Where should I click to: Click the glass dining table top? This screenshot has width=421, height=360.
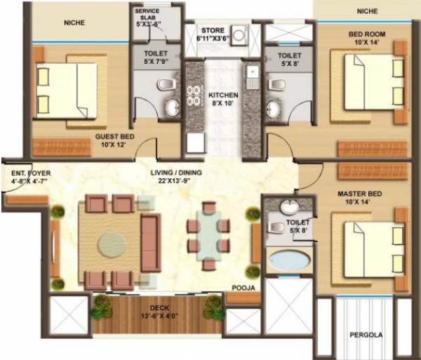coord(208,234)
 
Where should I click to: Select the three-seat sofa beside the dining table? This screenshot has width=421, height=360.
coord(150,243)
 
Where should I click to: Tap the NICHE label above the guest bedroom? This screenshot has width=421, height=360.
coord(74,23)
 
